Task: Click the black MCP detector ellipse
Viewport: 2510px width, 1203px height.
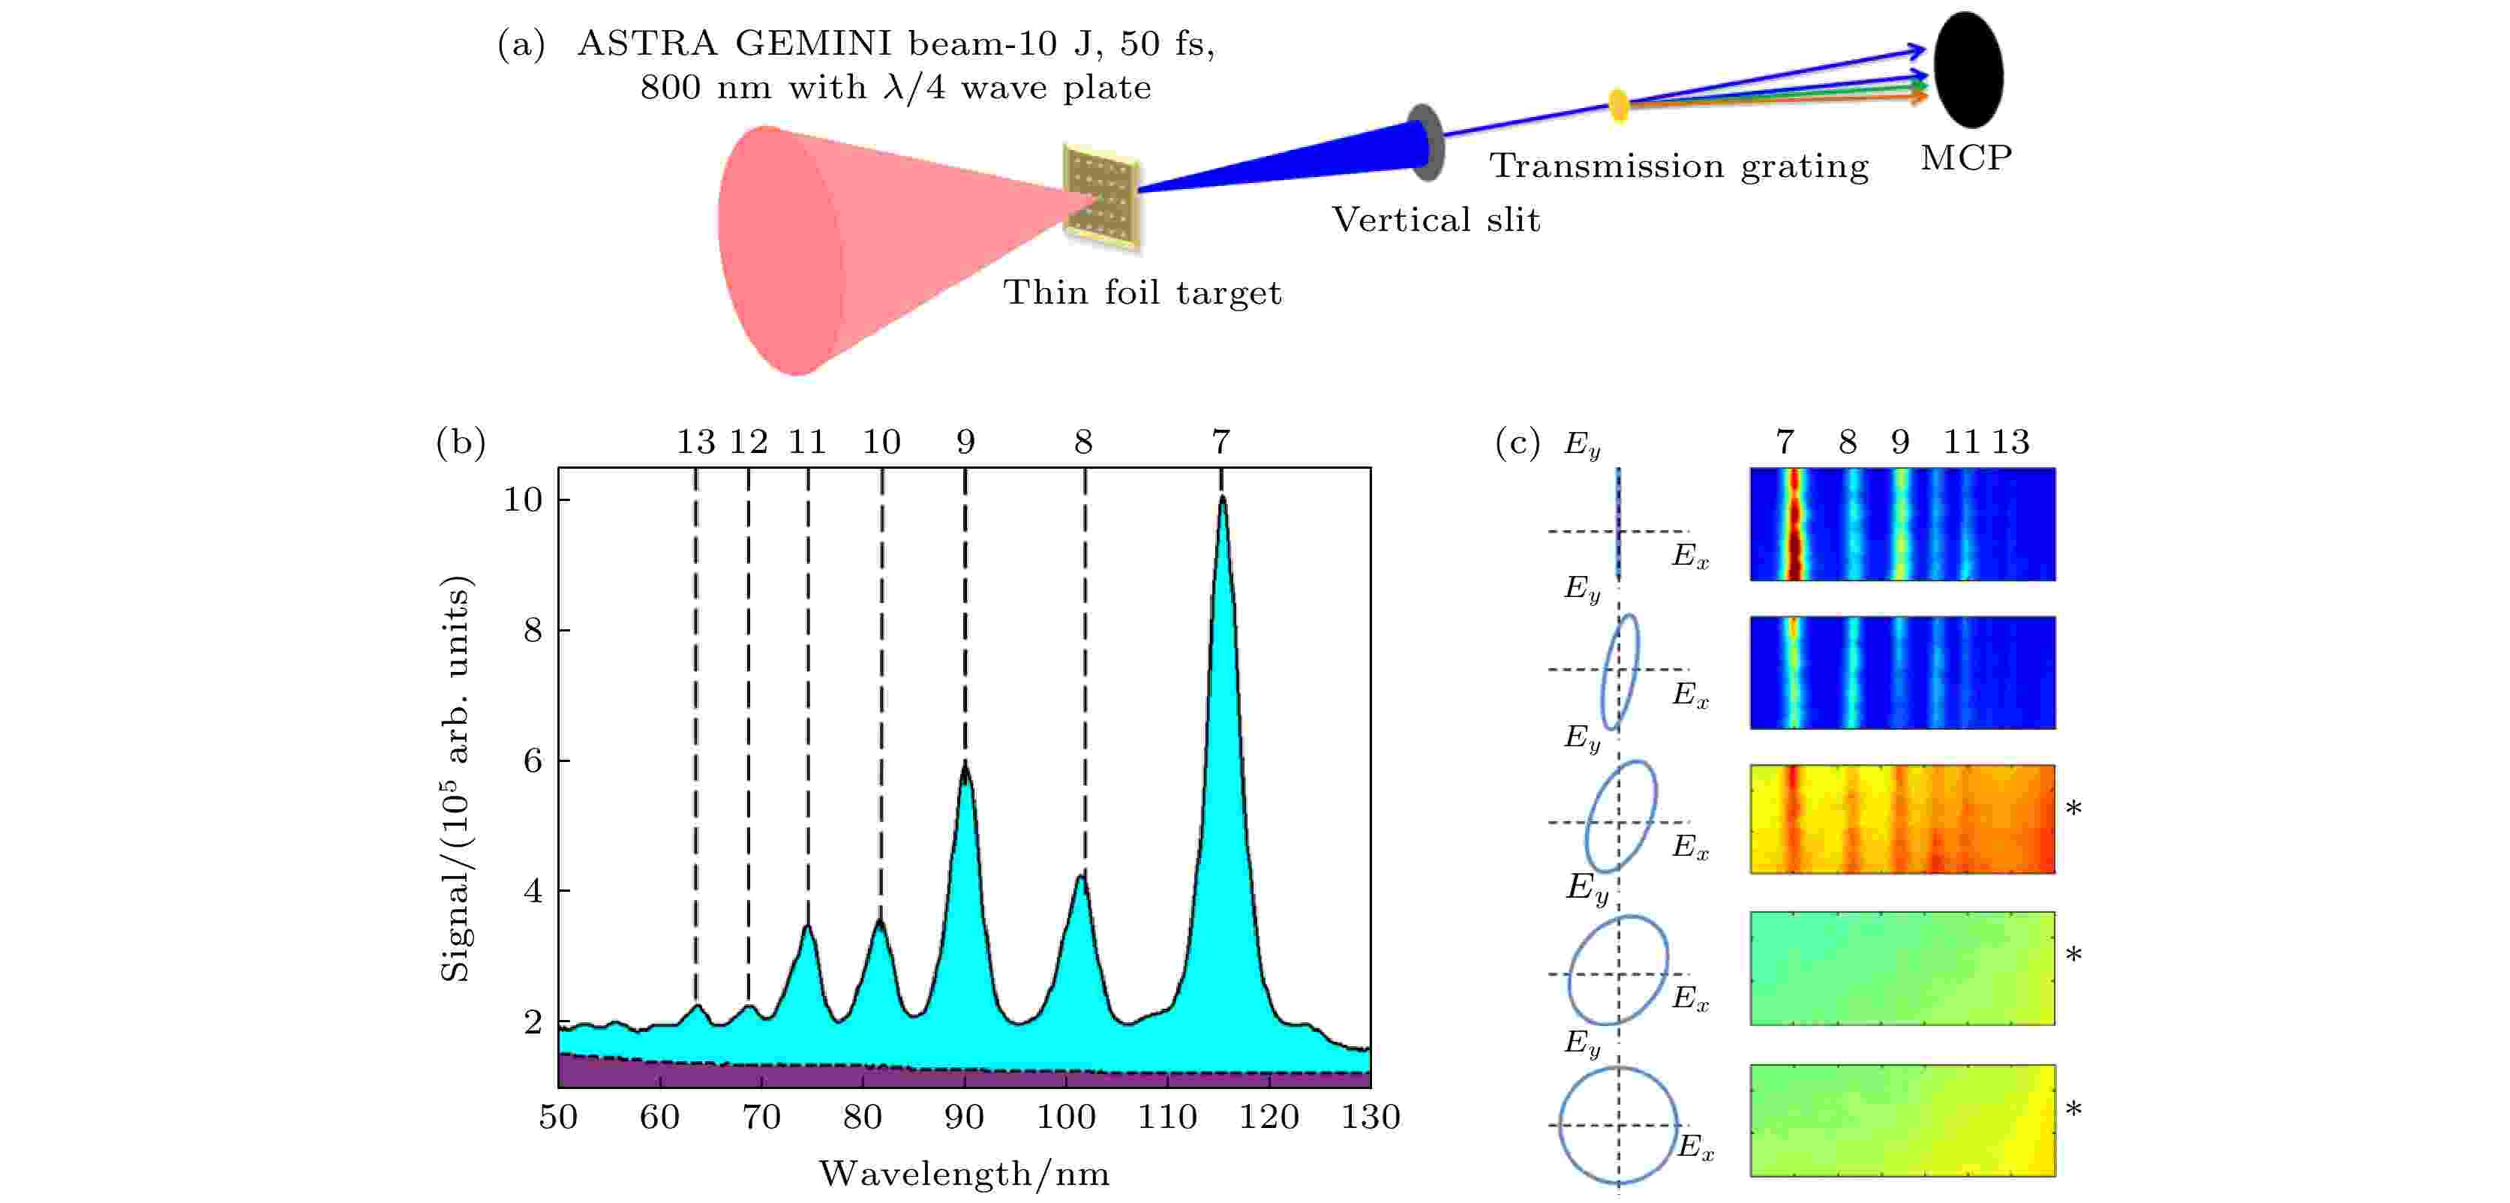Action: [x=1968, y=70]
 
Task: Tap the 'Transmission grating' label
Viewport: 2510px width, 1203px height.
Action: [x=1679, y=166]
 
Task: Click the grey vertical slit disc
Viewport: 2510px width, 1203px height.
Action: [x=1425, y=142]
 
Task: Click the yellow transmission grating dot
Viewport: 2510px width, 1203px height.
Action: [x=1617, y=104]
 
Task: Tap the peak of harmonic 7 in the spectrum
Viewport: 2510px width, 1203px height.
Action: [x=1222, y=499]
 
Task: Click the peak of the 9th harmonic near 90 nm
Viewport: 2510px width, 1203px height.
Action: [x=965, y=766]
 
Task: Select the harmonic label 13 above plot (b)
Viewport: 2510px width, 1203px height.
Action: [x=695, y=442]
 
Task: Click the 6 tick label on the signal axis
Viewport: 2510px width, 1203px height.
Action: [x=532, y=760]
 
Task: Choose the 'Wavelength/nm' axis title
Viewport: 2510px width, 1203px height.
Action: [x=964, y=1174]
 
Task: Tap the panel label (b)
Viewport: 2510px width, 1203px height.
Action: [x=461, y=442]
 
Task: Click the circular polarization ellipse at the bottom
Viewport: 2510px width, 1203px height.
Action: [x=1617, y=1125]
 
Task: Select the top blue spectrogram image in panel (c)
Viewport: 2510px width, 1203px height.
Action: [x=1902, y=524]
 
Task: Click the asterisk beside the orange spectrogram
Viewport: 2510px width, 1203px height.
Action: [x=2073, y=809]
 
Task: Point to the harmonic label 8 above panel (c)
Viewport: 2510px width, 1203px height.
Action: [x=1848, y=443]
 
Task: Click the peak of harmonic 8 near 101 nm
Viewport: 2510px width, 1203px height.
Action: [x=1080, y=877]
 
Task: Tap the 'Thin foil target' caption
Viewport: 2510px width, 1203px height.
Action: [x=1142, y=292]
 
